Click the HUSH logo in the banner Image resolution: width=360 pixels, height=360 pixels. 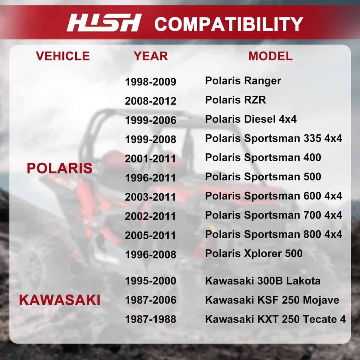point(104,22)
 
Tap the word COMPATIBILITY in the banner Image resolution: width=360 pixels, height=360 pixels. point(229,24)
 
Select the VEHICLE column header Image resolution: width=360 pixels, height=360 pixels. point(63,56)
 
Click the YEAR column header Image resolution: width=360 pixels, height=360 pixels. point(151,56)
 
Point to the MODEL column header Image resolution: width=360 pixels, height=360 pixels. point(270,56)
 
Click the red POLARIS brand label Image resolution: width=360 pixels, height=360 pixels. point(60,168)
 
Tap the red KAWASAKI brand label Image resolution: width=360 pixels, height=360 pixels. point(60,300)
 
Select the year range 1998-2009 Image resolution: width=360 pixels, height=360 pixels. point(151,82)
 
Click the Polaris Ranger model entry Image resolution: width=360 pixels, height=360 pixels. point(243,81)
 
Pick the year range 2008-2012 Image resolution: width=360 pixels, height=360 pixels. point(151,101)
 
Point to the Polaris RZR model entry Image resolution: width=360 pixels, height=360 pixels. point(235,100)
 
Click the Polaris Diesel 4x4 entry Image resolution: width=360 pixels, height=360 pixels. point(251,119)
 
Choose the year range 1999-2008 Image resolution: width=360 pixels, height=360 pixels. point(151,139)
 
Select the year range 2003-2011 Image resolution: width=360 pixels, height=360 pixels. point(151,197)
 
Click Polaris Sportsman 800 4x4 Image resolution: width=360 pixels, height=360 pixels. point(274,235)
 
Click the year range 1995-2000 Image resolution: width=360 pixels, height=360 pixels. point(151,281)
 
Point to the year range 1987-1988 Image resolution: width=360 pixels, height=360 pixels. point(151,319)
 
